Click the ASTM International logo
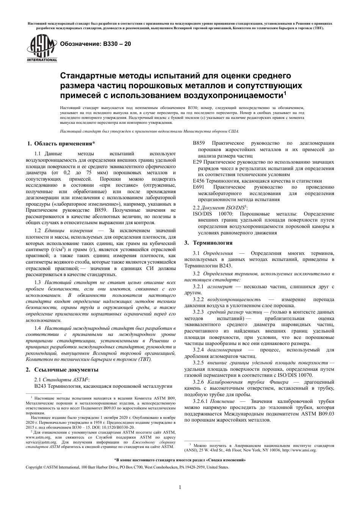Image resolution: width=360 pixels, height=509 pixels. coord(41,48)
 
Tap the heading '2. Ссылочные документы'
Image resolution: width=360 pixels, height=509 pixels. coord(62,370)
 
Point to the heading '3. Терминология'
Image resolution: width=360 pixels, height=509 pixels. coord(208,243)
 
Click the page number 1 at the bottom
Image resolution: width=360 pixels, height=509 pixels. coord(180,487)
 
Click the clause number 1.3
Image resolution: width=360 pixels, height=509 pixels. coord(38,282)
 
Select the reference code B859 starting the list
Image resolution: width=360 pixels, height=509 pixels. coord(199,143)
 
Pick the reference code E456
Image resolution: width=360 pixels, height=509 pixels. coord(199,181)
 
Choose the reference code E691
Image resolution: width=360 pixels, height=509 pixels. coord(199,187)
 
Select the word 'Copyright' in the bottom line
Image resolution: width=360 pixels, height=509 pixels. coord(34,467)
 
